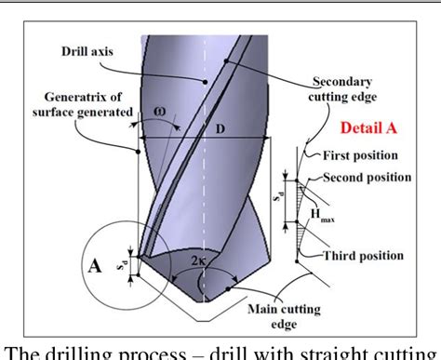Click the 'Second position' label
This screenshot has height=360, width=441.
[x=371, y=176]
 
